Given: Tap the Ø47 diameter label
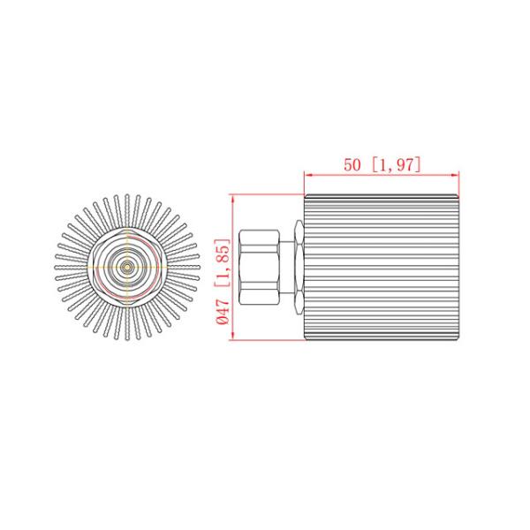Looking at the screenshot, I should coord(223,313).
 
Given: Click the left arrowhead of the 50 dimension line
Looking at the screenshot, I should coord(307,174).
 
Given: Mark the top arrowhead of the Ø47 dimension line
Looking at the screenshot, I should coord(231,199).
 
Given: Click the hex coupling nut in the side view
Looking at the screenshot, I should coord(261,268).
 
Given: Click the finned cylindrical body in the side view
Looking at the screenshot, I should coord(382,268).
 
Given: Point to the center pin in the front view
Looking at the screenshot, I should coord(128,265).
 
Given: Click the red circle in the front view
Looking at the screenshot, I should coord(128,265).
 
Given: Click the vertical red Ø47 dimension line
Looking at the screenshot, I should coord(231,265).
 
